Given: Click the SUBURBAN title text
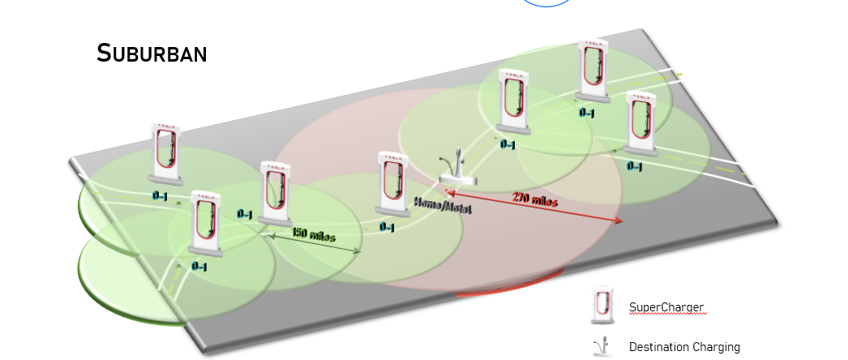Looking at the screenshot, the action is tap(152, 54).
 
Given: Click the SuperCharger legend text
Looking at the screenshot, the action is tap(666, 307).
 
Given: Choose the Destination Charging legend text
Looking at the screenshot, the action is tap(684, 347).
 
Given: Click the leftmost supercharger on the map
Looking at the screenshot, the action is tap(165, 152).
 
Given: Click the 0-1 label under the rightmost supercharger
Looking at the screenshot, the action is tap(635, 166).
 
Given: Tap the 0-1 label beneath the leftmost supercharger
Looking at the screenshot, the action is tap(161, 195).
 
